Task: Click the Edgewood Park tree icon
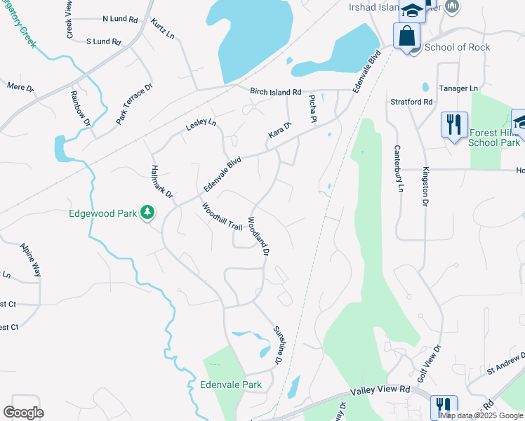(x=147, y=211)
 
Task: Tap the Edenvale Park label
(x=231, y=385)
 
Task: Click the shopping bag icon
(x=406, y=34)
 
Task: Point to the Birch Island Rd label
(x=275, y=92)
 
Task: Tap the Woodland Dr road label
(x=259, y=235)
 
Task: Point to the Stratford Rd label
(x=411, y=102)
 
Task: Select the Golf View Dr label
(x=428, y=363)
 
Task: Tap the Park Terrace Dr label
(x=135, y=104)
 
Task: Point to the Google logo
(x=23, y=413)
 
